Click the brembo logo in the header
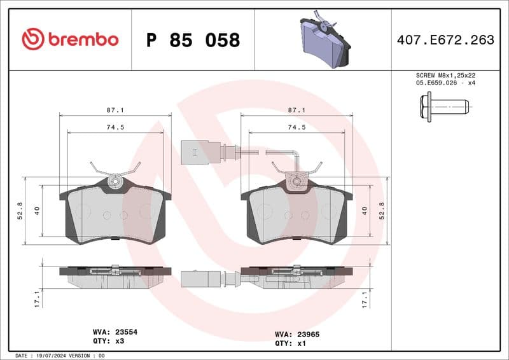[70, 39]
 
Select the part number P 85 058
[193, 40]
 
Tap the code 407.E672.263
[445, 40]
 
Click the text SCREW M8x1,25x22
[445, 75]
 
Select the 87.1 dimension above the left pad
[115, 110]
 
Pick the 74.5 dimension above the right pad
[296, 127]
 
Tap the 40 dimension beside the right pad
[365, 210]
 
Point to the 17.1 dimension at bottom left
[38, 297]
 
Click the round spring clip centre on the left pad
[115, 182]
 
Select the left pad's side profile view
[115, 275]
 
